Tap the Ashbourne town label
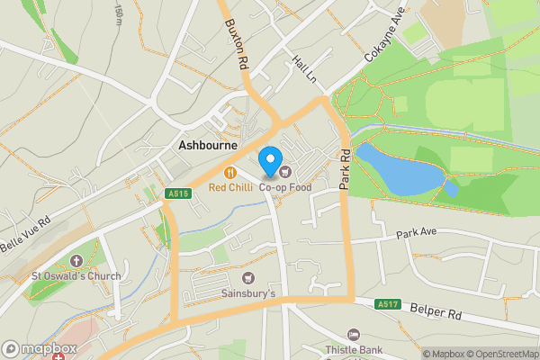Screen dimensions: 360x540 coord(207,145)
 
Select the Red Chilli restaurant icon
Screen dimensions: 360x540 coord(230,172)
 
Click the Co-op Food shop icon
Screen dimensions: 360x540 coord(285,172)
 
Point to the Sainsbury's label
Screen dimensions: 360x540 coord(248,293)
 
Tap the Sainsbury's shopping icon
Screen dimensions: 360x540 coord(248,278)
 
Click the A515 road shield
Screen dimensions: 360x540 coord(178,193)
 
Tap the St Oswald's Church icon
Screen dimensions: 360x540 coord(76,261)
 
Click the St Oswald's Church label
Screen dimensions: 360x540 coord(76,276)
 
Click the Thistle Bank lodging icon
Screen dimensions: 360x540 coord(354,335)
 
